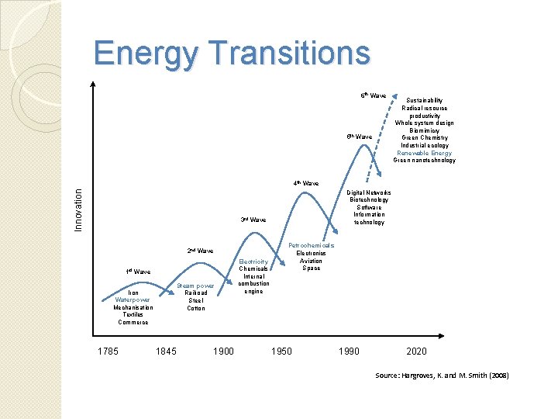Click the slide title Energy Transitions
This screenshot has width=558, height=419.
pos(232,54)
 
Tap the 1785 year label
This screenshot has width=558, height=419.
pos(108,351)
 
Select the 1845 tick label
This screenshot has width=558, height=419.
pos(166,351)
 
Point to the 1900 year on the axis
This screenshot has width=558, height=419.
pos(223,351)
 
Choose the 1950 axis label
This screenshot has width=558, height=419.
pos(281,351)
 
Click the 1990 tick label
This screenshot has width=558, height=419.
pos(350,351)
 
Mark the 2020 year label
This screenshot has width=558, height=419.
pos(416,351)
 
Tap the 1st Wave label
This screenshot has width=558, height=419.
pos(138,272)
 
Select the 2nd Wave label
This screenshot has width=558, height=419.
pos(200,251)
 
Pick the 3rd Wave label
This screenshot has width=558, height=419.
pos(253,220)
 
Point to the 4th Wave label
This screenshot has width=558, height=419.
pos(305,184)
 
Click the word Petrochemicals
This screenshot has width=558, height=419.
pos(312,245)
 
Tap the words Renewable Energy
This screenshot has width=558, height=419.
pos(424,153)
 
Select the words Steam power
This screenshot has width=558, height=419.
pos(195,286)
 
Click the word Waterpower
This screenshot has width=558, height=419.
pos(133,300)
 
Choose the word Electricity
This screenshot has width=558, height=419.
pos(253,261)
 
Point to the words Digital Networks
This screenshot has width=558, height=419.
pos(369,192)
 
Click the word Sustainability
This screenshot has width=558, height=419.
pos(424,100)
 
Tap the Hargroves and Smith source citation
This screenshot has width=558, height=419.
pos(442,376)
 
